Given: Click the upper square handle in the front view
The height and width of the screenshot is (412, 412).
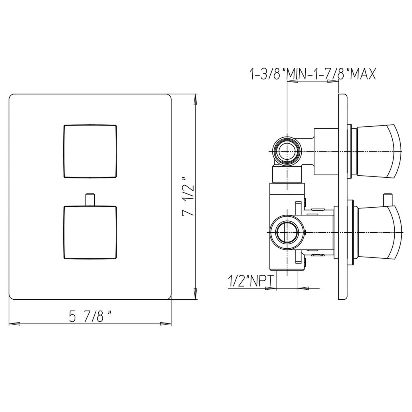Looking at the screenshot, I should click(x=90, y=151).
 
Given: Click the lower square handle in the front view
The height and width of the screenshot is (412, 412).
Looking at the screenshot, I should click(x=90, y=233).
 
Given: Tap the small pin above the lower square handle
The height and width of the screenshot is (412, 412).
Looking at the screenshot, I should click(x=90, y=198).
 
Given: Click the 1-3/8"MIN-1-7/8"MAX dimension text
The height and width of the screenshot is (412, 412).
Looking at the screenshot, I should click(x=312, y=74).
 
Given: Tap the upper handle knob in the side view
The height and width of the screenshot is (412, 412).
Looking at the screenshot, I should click(x=379, y=151).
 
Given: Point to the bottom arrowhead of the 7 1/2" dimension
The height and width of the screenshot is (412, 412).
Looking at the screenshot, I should click(x=195, y=294).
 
